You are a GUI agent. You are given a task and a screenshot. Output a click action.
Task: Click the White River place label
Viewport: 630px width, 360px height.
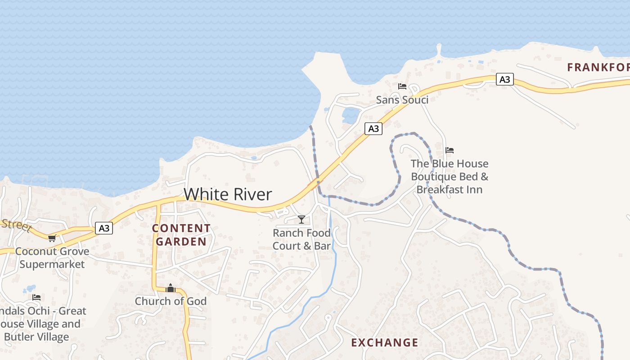pyautogui.click(x=228, y=194)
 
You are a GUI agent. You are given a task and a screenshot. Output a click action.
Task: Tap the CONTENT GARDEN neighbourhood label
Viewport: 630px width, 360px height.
pyautogui.click(x=181, y=235)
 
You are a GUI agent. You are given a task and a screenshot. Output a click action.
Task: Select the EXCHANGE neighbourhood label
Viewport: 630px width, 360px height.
pyautogui.click(x=384, y=342)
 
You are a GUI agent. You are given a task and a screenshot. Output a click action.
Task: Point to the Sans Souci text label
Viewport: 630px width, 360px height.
pyautogui.click(x=402, y=100)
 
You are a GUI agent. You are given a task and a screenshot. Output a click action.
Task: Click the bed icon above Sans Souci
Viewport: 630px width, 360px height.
pyautogui.click(x=402, y=86)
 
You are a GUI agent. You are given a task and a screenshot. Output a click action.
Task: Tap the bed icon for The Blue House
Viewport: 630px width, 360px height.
pyautogui.click(x=449, y=150)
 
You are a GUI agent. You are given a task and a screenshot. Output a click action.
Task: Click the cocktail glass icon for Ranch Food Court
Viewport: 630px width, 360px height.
pyautogui.click(x=301, y=220)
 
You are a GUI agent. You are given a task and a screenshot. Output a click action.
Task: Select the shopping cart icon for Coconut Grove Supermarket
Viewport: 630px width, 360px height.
pyautogui.click(x=52, y=238)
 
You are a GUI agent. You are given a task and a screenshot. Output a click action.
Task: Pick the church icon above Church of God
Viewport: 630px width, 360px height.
pyautogui.click(x=171, y=288)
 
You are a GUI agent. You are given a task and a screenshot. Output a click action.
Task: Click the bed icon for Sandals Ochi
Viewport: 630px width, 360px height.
pyautogui.click(x=36, y=297)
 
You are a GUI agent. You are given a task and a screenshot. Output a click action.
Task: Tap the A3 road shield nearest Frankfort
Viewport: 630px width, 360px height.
pyautogui.click(x=505, y=79)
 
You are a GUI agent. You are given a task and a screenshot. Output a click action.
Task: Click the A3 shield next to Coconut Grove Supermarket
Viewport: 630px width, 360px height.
pyautogui.click(x=104, y=229)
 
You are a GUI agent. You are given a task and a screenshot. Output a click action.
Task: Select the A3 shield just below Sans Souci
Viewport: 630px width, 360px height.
pyautogui.click(x=373, y=129)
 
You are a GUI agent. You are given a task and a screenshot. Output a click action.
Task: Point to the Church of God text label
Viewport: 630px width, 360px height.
pyautogui.click(x=171, y=301)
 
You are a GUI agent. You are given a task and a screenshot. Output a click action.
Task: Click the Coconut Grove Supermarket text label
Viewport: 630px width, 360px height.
pyautogui.click(x=52, y=257)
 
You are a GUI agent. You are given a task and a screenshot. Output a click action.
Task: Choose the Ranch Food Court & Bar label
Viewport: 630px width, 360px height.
pyautogui.click(x=301, y=239)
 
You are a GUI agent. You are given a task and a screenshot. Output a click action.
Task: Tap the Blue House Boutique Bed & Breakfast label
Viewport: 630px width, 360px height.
pyautogui.click(x=449, y=176)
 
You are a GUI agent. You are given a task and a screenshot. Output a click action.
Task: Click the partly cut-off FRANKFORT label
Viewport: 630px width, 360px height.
pyautogui.click(x=598, y=67)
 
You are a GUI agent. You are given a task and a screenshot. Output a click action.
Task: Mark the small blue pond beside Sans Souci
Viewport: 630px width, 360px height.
pyautogui.click(x=351, y=115)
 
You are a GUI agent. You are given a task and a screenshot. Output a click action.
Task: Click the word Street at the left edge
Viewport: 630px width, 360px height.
pyautogui.click(x=15, y=224)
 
